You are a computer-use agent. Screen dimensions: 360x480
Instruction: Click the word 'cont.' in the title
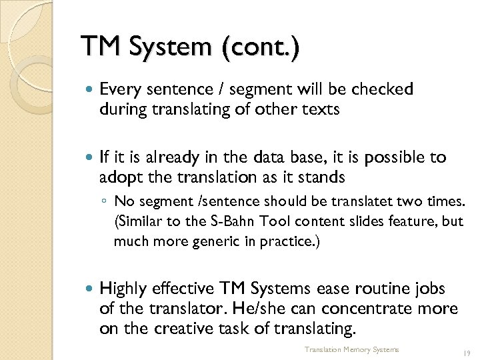point(265,47)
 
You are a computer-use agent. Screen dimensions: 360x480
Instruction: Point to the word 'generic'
point(190,240)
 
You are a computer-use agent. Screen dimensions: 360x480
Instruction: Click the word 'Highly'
point(123,289)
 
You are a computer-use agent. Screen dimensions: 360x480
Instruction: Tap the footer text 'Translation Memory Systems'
point(351,349)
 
